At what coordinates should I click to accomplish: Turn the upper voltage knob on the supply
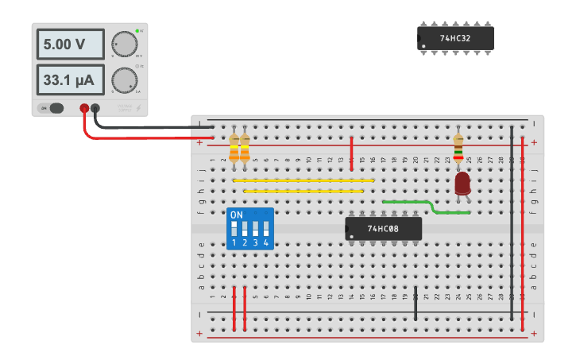(x=124, y=45)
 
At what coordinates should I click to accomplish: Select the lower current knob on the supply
(x=124, y=80)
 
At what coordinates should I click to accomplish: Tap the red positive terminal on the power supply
(x=84, y=108)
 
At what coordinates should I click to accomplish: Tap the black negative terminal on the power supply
(x=95, y=108)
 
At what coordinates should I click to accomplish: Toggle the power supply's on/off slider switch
(x=54, y=108)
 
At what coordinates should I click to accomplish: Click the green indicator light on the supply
(x=137, y=31)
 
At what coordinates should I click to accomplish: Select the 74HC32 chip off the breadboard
(x=456, y=38)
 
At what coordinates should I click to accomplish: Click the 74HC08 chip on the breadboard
(x=383, y=229)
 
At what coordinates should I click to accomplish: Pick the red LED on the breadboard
(x=462, y=184)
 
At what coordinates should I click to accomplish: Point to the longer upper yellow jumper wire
(x=303, y=180)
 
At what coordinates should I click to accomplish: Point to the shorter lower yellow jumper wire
(x=303, y=191)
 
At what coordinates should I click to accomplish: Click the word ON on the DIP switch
(x=237, y=215)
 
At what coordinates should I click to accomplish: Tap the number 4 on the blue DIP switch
(x=266, y=242)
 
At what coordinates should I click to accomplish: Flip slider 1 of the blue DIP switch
(x=234, y=229)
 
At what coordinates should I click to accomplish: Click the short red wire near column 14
(x=351, y=152)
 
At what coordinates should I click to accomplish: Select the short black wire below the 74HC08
(x=416, y=303)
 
